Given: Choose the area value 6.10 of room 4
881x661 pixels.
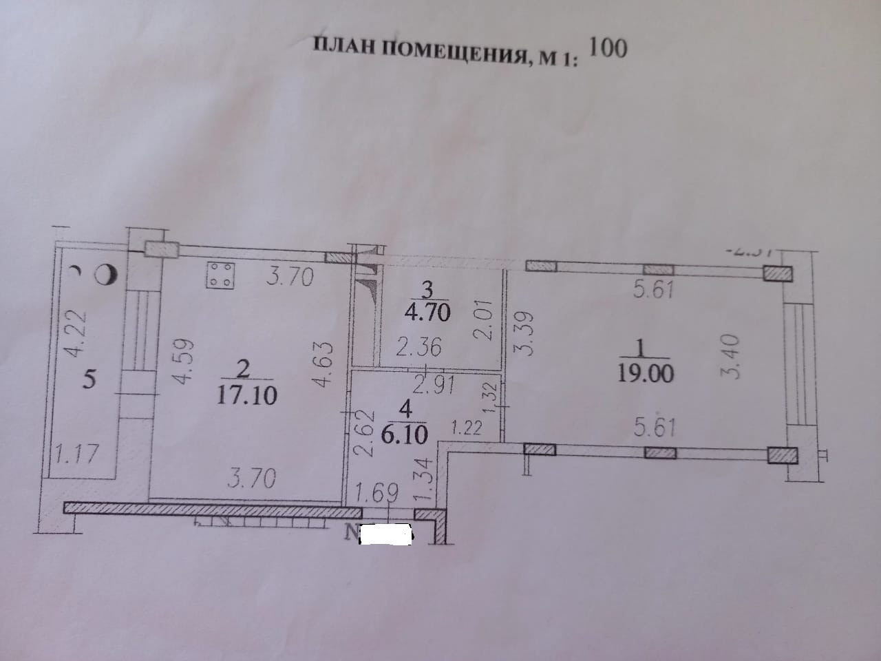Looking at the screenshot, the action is (x=406, y=434).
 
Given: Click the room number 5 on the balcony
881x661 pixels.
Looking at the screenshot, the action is (x=88, y=379).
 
